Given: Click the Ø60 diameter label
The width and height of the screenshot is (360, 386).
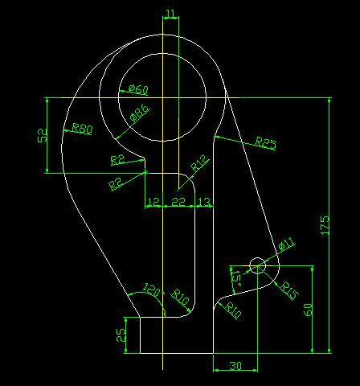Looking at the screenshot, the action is point(138,89).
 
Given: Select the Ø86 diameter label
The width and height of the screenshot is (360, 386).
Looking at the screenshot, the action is point(140,113).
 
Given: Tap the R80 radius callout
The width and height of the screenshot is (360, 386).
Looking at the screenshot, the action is point(82,129).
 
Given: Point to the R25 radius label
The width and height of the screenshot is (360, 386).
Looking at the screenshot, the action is point(265,142).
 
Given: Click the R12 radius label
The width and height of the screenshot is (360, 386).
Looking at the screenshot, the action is point(199,163).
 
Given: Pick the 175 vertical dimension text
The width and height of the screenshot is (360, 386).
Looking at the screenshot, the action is point(325,225).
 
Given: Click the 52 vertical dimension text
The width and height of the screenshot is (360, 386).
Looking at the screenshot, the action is point(43,135).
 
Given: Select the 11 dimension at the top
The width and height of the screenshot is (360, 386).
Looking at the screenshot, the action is point(170,14).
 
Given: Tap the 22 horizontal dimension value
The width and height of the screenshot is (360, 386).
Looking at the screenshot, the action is point(178,202).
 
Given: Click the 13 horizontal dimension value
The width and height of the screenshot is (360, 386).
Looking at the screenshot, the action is point(204,202).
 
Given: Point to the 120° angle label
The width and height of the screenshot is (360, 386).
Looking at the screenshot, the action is point(153,289).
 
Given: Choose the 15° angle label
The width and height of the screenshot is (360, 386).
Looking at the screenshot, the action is point(235,278).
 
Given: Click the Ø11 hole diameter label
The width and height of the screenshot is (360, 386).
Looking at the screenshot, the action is point(286,244).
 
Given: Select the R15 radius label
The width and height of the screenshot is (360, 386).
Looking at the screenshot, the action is point(289,290).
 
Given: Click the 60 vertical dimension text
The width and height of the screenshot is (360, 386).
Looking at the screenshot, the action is point(309,310).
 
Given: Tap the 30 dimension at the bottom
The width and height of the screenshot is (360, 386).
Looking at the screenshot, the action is point(235,366).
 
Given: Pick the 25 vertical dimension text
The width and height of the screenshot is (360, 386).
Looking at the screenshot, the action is point(121,335).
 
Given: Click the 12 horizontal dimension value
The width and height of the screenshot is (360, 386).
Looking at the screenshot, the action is point(153,202).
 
